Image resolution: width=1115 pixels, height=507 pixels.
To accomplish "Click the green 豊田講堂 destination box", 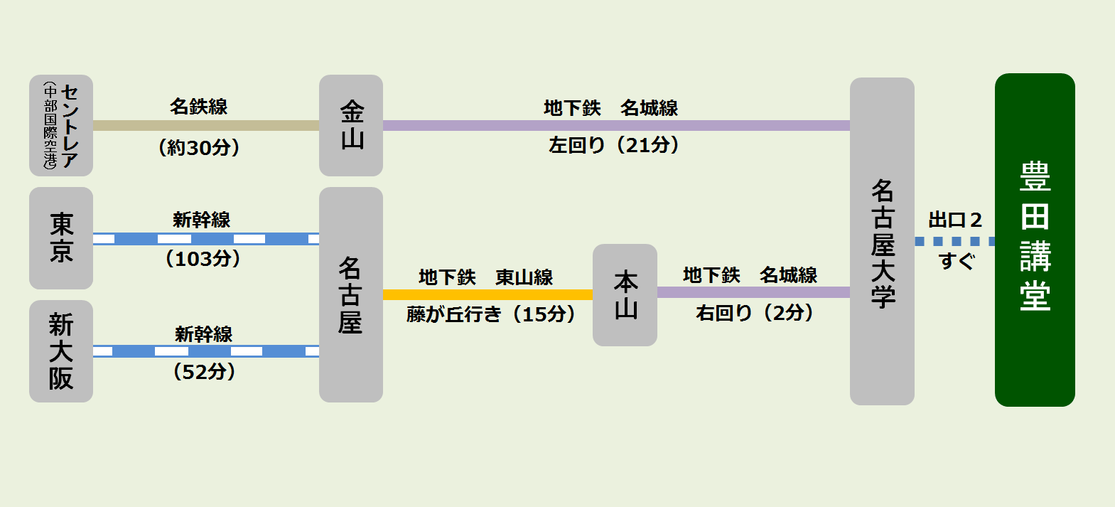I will click(x=1034, y=240).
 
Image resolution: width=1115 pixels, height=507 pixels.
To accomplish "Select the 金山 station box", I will click(x=351, y=125).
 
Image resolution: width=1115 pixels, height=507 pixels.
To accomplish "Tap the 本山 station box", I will click(x=625, y=294).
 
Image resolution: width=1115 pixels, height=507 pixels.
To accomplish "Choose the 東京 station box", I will click(x=61, y=238).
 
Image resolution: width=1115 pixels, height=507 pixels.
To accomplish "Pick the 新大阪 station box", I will click(x=61, y=351).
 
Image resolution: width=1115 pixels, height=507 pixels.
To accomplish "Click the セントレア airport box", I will click(x=61, y=125).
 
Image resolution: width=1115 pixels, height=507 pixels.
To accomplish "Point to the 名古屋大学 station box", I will click(x=882, y=241).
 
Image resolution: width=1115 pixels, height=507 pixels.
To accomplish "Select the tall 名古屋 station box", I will click(x=351, y=294).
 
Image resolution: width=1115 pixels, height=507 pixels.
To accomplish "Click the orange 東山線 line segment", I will click(x=488, y=294).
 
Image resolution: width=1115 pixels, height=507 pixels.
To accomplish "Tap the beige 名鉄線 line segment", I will click(x=206, y=125).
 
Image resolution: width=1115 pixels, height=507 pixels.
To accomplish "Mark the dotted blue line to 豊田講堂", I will click(x=954, y=242).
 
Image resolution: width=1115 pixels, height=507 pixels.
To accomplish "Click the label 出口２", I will click(x=955, y=220).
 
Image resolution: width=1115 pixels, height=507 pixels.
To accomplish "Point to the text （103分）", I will click(x=203, y=258).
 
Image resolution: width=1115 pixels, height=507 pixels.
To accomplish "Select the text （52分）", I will click(x=204, y=372).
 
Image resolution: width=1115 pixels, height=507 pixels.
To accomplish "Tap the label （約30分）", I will click(x=199, y=148).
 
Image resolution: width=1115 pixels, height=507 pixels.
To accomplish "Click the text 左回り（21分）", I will click(x=614, y=145).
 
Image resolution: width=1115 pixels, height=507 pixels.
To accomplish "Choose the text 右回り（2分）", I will click(x=755, y=313).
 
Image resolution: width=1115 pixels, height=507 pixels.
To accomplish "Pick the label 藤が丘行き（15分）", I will click(x=491, y=314).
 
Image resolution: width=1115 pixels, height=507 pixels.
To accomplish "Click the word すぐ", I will click(x=956, y=262).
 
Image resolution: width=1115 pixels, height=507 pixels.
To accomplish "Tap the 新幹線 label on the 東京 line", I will click(x=202, y=220).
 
